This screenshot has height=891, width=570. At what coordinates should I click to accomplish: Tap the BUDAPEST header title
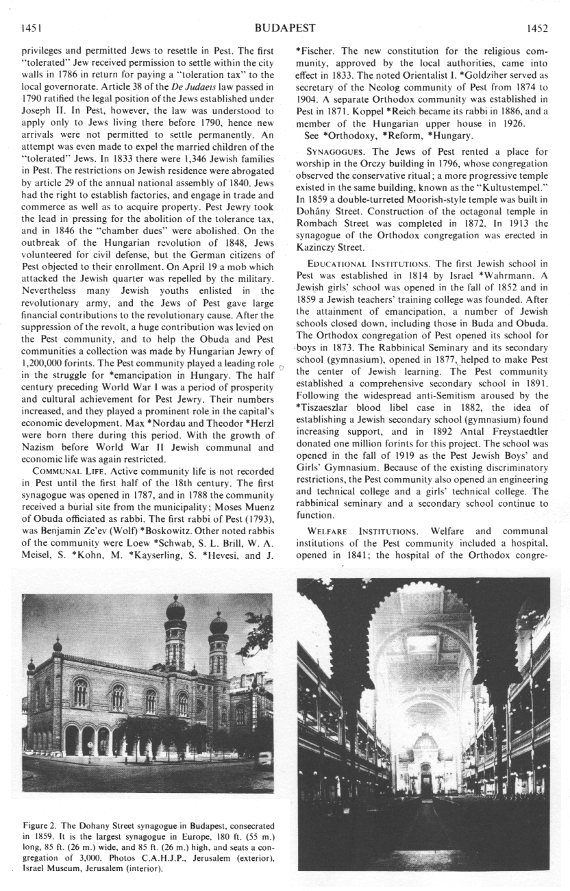coord(284,28)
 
